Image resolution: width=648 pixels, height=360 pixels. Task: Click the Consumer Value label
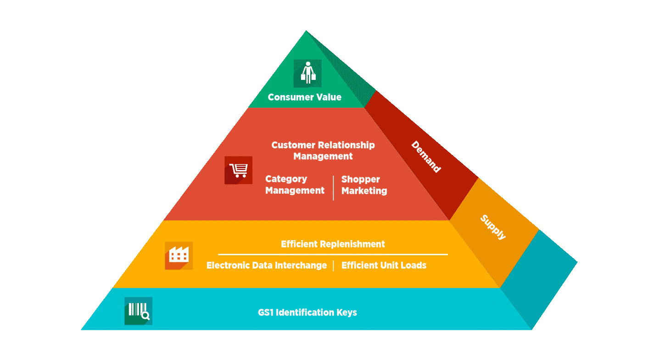click(x=304, y=97)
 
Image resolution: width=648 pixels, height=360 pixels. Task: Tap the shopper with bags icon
click(x=307, y=73)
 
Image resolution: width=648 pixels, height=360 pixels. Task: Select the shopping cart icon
click(x=238, y=170)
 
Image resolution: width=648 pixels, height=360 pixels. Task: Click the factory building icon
click(x=179, y=255)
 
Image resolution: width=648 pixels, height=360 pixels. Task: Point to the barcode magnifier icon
click(x=138, y=311)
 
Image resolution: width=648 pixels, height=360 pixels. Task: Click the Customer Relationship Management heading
click(x=323, y=151)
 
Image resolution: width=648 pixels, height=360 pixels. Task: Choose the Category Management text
click(x=295, y=185)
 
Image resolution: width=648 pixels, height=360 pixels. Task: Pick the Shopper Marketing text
click(x=364, y=185)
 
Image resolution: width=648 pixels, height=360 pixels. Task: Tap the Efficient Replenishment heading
click(x=333, y=244)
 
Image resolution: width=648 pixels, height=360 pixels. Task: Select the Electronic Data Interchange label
click(x=267, y=265)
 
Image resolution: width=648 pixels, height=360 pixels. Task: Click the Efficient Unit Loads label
click(x=384, y=265)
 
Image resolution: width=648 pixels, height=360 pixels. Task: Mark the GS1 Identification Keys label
click(x=307, y=313)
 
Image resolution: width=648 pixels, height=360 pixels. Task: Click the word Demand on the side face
click(x=426, y=157)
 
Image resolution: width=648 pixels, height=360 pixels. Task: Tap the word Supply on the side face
click(x=493, y=227)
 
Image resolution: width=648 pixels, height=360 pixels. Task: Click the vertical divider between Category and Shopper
click(x=333, y=187)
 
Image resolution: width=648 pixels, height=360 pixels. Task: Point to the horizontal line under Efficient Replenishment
click(x=333, y=254)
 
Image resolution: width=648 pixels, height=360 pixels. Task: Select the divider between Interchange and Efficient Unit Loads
click(x=334, y=266)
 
